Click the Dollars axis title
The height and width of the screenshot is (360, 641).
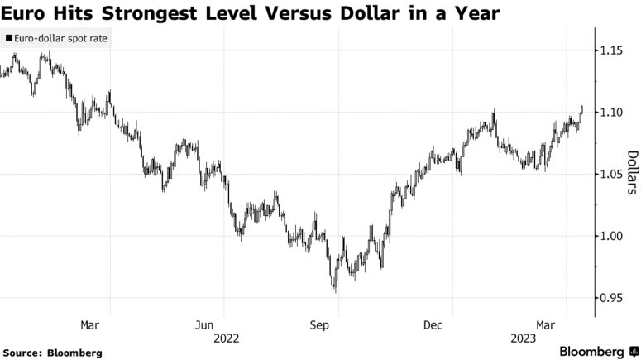631,174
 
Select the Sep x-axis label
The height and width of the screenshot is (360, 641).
319,324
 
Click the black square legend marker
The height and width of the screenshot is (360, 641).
8,38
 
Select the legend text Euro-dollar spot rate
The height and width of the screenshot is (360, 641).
60,38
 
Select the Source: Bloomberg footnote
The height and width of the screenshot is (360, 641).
52,353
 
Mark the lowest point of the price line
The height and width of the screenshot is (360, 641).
335,290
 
